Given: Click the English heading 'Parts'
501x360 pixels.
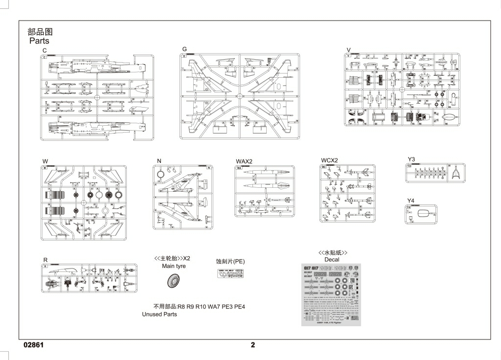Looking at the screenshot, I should click(39, 41).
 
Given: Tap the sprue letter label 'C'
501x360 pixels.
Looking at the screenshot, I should click(45, 50).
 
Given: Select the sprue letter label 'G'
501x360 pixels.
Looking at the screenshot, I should click(184, 49).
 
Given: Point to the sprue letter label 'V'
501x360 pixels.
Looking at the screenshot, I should click(348, 50).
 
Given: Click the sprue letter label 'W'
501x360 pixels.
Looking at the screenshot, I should click(45, 160).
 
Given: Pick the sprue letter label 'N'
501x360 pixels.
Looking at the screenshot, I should click(159, 160).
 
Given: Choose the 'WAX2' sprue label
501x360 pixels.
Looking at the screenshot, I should click(244, 161).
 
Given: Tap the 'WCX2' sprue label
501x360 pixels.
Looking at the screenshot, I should click(329, 160).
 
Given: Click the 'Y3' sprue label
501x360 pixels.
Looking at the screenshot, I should click(411, 159).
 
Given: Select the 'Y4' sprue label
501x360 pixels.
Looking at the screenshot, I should click(411, 201).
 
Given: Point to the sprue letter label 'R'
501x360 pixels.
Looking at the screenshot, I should click(45, 260).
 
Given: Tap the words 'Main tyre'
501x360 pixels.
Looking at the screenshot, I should click(174, 266).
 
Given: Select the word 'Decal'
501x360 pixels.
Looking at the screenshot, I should click(332, 260).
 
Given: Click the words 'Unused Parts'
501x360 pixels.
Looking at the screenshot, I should click(159, 315).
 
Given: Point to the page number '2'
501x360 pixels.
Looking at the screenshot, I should click(253, 344).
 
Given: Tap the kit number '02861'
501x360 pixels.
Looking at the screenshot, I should click(34, 344).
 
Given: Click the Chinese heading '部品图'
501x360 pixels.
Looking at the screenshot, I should click(40, 32).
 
